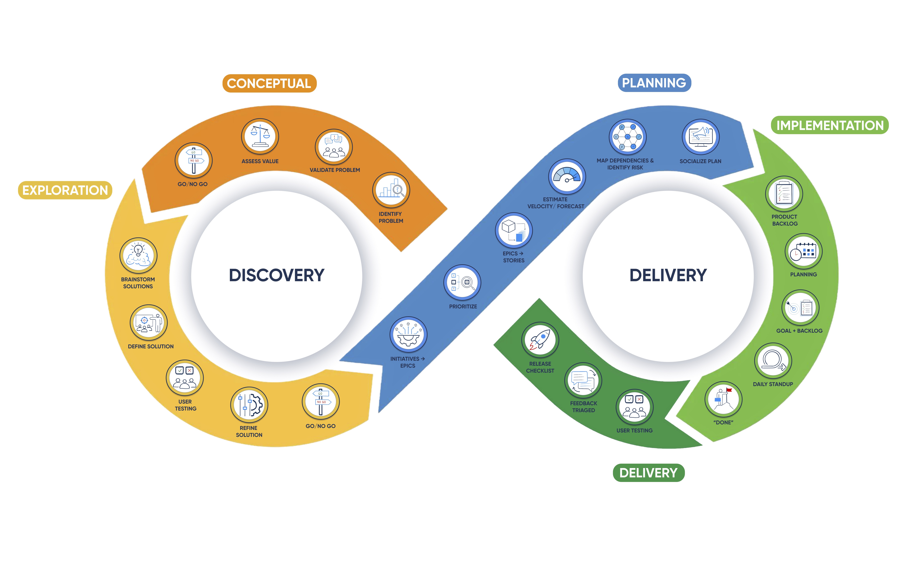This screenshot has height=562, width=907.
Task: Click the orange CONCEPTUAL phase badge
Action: (269, 83)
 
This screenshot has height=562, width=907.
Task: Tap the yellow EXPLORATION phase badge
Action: (65, 190)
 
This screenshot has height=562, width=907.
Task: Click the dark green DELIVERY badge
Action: (648, 473)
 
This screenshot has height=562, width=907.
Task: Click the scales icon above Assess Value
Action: (260, 136)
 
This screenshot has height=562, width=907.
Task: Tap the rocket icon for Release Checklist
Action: (540, 340)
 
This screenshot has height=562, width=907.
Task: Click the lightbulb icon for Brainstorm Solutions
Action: (138, 256)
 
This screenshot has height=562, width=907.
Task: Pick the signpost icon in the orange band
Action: (194, 161)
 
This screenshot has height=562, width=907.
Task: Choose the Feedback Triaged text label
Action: (584, 407)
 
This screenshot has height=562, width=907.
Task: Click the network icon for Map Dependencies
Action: (627, 137)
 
